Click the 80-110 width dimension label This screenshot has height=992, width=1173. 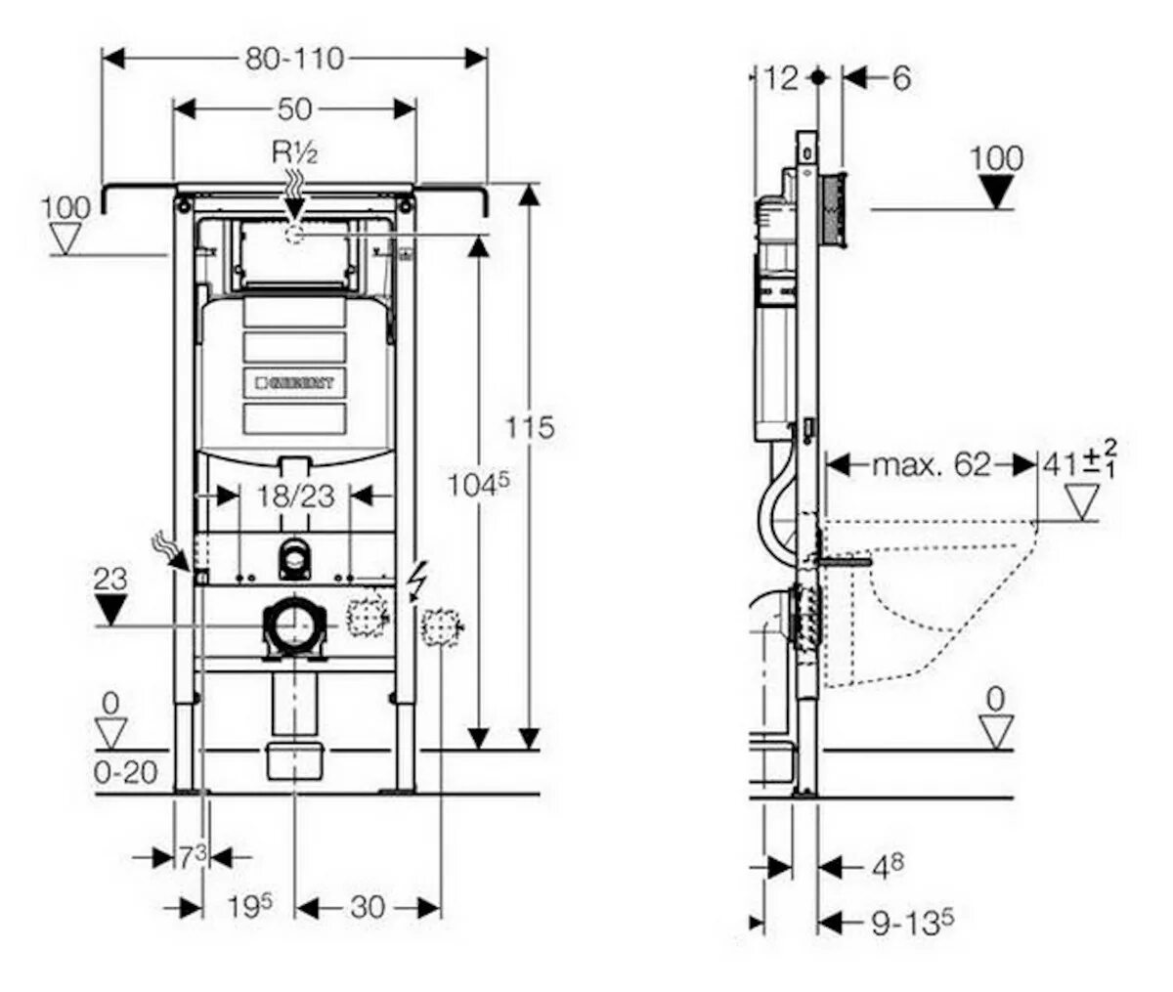pos(294,59)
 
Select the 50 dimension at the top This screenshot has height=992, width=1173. pos(294,108)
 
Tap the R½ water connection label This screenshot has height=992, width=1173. pos(294,153)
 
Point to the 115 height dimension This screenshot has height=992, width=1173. pos(530,427)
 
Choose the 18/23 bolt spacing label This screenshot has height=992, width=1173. pos(295,496)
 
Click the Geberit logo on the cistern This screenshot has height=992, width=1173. pos(294,383)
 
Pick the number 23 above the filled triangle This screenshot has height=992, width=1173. pos(111,579)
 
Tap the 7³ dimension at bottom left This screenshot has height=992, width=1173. pos(193,857)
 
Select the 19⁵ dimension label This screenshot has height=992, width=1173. pos(248,907)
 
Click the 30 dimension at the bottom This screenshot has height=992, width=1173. pos(367,907)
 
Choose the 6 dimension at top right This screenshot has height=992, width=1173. pos(900,77)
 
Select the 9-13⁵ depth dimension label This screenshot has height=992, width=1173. pos(913,922)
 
